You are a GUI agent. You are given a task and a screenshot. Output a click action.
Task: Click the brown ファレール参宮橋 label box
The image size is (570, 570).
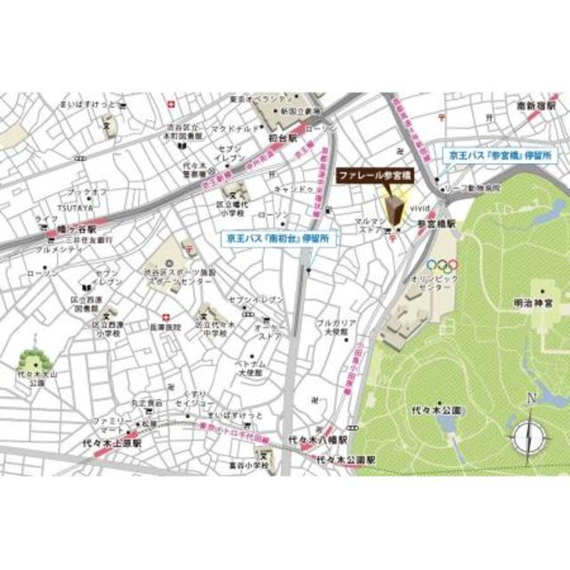[372, 177]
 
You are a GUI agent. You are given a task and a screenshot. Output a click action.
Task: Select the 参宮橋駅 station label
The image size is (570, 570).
[436, 226]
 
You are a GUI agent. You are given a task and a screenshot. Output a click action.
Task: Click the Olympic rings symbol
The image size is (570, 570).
[442, 265]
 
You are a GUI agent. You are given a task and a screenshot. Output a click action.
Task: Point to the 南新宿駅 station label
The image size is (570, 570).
[535, 107]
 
